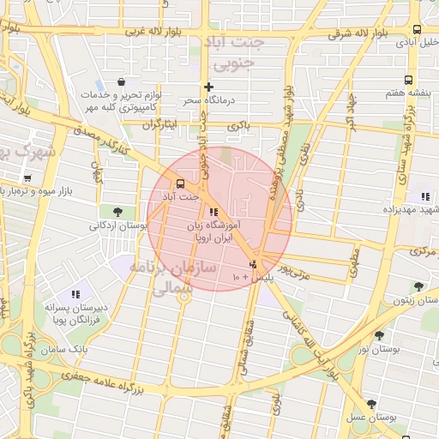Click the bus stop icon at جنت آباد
point(180,183)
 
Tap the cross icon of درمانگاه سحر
point(208,87)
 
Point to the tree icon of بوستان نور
point(379,335)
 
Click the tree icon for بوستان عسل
point(370,404)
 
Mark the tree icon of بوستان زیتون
point(418,286)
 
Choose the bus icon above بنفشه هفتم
point(415,78)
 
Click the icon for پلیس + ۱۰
point(252,264)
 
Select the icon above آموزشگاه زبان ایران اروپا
point(213,211)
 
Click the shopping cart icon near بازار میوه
point(28,178)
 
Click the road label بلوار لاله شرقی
point(359,33)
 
